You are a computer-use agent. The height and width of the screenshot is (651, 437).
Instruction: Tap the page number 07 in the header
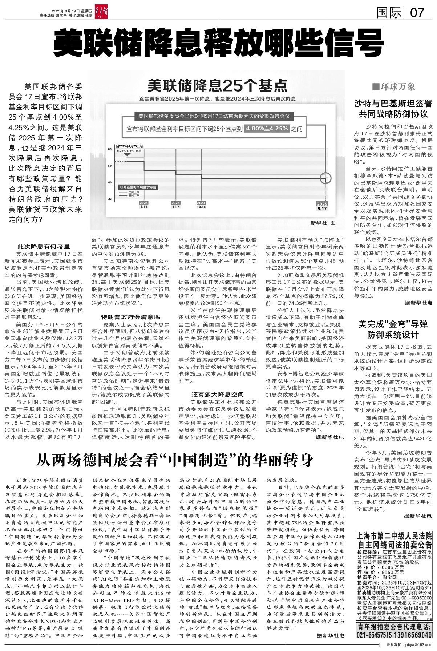coord(417,13)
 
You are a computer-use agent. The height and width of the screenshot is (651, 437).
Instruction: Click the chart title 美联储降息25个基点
coord(217,86)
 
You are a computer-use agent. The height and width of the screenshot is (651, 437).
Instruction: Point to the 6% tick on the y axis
coord(110,149)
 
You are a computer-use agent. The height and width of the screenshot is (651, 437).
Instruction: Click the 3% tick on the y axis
coord(110,199)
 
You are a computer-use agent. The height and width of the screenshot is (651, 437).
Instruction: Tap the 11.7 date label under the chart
coord(176,207)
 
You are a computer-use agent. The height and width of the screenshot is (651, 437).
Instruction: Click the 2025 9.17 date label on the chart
coord(322,206)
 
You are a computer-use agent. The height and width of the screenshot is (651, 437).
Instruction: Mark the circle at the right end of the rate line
coord(326,179)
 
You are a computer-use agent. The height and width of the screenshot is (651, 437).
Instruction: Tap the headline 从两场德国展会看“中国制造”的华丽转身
coord(174,460)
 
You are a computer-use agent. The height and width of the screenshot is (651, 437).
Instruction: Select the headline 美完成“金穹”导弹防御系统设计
coord(393,329)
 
